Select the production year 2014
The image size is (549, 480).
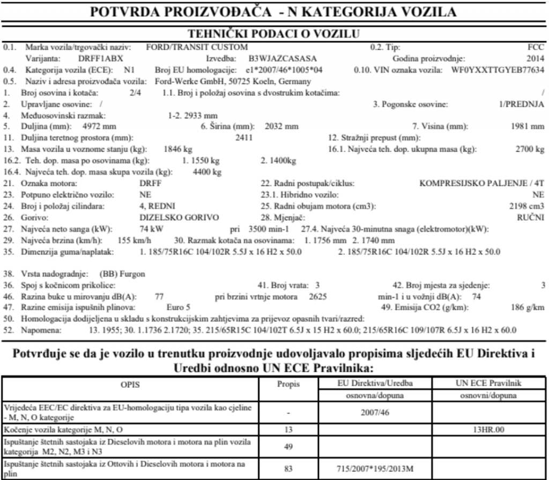click(x=535, y=58)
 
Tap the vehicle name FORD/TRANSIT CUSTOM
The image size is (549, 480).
click(x=197, y=47)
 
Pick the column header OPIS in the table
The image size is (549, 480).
click(x=137, y=384)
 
